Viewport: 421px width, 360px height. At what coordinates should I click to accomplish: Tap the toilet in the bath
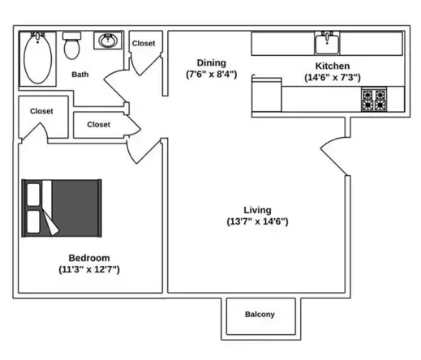(x=71, y=47)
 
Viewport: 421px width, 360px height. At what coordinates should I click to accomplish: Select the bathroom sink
(x=106, y=41)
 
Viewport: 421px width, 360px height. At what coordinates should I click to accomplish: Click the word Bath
(x=80, y=75)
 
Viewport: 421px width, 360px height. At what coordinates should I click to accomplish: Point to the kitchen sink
(x=328, y=41)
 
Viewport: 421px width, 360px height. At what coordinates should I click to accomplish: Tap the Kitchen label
(x=333, y=66)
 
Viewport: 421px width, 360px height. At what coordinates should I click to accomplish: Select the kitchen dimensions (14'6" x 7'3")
(x=333, y=78)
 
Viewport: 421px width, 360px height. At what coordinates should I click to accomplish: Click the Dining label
(x=212, y=62)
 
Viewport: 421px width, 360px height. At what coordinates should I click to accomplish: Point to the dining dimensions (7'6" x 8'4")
(x=212, y=75)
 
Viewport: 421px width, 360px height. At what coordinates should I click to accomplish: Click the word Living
(x=258, y=209)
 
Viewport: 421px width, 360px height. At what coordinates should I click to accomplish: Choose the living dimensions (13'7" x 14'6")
(x=258, y=221)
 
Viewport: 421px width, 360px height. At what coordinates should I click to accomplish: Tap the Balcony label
(x=260, y=315)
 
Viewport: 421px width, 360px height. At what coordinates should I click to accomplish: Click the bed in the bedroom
(x=62, y=208)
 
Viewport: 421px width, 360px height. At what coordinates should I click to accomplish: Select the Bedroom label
(x=89, y=258)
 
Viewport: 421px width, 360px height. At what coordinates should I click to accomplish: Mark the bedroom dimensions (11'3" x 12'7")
(x=89, y=269)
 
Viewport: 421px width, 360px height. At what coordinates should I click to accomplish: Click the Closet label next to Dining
(x=144, y=44)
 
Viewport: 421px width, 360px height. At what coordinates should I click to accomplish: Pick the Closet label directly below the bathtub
(x=42, y=111)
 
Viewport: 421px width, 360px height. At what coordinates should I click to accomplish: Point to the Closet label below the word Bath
(x=98, y=125)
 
